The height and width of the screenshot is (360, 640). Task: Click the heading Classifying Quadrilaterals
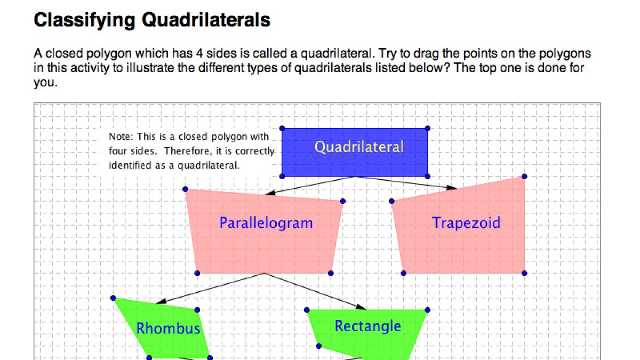click(152, 20)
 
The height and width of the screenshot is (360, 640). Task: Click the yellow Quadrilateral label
click(359, 147)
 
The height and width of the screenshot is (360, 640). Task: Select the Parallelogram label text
click(266, 222)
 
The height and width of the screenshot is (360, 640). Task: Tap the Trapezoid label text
click(466, 222)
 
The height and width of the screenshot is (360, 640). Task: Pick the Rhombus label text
click(169, 328)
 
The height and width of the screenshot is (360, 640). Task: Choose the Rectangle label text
click(367, 325)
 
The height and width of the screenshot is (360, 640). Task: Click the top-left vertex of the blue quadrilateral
click(282, 129)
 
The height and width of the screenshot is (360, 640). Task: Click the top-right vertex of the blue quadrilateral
click(428, 129)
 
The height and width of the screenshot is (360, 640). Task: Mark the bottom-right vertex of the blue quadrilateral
click(428, 176)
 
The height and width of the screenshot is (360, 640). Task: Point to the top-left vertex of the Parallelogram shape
click(185, 189)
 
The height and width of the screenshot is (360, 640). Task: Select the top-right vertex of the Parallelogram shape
click(342, 201)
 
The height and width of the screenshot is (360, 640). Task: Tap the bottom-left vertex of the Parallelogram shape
click(197, 273)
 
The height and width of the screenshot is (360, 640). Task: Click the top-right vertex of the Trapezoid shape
click(524, 176)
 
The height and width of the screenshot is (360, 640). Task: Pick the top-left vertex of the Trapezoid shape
click(391, 201)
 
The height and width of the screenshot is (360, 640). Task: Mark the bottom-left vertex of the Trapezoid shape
click(404, 273)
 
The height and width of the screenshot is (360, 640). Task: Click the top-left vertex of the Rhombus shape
click(113, 298)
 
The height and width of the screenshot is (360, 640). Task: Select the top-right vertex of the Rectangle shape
click(428, 310)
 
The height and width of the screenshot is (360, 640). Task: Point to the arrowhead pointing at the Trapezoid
click(452, 187)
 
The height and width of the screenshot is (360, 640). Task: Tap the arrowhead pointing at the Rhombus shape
click(161, 301)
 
